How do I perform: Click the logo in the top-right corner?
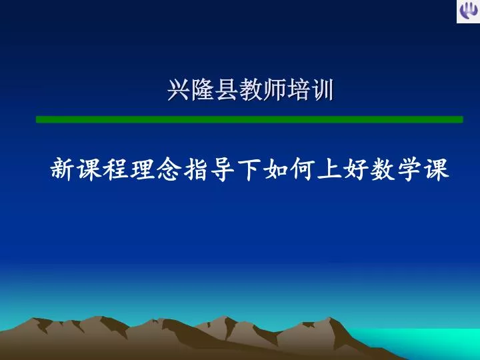tap(469, 11)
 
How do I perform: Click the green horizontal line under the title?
tap(249, 119)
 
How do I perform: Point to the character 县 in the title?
tap(226, 90)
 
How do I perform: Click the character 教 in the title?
tap(250, 90)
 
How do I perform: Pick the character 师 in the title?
tap(274, 90)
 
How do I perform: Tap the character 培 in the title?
tap(298, 90)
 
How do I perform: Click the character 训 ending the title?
tap(322, 90)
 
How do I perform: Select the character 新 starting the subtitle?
tap(63, 169)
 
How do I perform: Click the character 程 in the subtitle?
tap(116, 169)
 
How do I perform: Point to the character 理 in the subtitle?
tap(143, 169)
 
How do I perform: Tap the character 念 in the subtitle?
tap(169, 169)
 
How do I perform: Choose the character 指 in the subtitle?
tap(196, 169)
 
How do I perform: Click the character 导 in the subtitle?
tap(223, 169)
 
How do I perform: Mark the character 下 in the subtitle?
tap(249, 169)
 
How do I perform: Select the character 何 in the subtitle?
tap(303, 169)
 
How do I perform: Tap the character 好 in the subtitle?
tap(356, 169)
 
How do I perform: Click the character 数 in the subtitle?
tap(383, 169)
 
